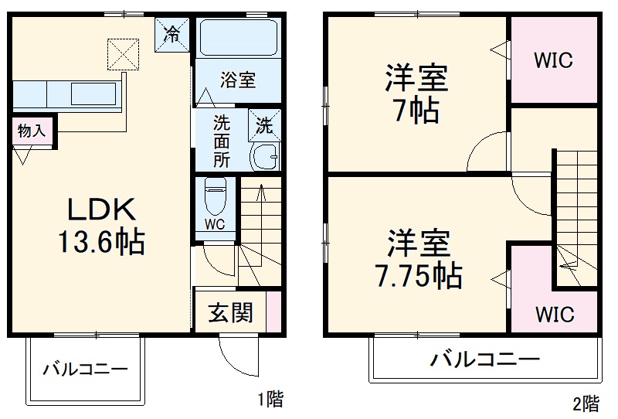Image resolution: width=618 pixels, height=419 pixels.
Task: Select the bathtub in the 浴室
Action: [238, 38]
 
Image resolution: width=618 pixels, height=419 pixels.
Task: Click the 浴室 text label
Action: [237, 80]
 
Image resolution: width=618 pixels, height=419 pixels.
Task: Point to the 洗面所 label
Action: [222, 141]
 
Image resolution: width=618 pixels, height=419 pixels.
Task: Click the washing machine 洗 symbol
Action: [263, 124]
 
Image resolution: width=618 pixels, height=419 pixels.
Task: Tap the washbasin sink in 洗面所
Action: [267, 156]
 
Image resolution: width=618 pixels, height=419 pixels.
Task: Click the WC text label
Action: [216, 224]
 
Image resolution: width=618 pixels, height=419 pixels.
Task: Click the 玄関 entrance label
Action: [230, 312]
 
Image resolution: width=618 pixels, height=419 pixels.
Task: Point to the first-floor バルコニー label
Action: [85, 369]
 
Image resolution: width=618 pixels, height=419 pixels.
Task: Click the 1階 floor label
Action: [271, 399]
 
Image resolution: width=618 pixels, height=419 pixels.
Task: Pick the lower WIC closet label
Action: [554, 314]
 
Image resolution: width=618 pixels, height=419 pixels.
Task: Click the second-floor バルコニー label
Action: [484, 359]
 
